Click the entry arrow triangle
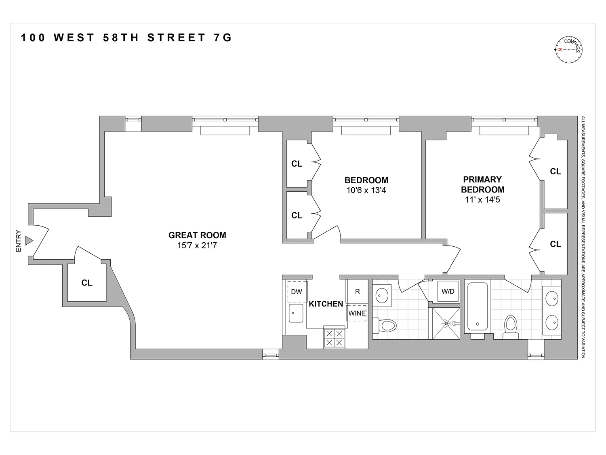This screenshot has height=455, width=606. point(28,241)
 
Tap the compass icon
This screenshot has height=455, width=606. point(569,50)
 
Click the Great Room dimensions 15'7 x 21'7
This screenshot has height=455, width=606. point(197,245)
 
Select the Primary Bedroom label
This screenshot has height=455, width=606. point(482,184)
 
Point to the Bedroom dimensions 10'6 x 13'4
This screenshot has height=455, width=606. point(366,190)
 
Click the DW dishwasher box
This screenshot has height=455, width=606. point(297,292)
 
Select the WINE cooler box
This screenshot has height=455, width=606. point(357,313)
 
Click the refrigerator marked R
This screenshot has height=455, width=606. point(357,291)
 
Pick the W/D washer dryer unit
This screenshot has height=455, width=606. point(448,291)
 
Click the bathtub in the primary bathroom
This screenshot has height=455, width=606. point(478,307)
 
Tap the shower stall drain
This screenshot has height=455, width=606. point(446,323)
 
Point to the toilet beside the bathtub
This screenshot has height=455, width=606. point(511,326)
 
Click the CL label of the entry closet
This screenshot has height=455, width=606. point(87,283)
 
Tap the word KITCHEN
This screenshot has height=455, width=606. point(326,304)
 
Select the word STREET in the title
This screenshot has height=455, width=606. point(177,38)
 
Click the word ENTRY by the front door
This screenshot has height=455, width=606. point(18,241)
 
